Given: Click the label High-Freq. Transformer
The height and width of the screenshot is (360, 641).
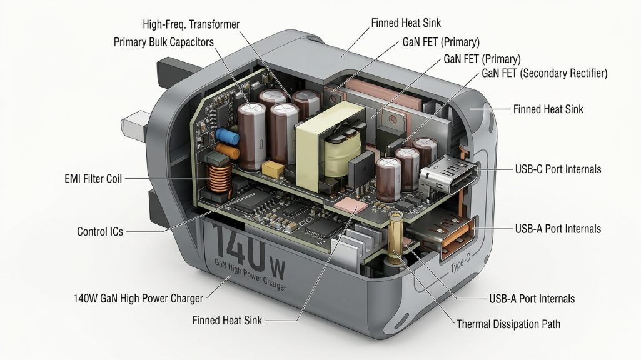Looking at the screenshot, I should [191, 24].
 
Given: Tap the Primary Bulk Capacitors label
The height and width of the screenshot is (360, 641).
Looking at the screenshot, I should [163, 42].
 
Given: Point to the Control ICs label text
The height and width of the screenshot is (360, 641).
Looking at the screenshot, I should [100, 232].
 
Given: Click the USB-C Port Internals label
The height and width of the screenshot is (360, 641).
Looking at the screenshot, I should [558, 169].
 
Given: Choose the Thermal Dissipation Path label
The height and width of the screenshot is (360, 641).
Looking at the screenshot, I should [508, 324].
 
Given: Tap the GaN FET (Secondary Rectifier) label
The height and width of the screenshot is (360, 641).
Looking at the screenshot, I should [545, 74].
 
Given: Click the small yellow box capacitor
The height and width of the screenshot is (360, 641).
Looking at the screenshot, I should [272, 167].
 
